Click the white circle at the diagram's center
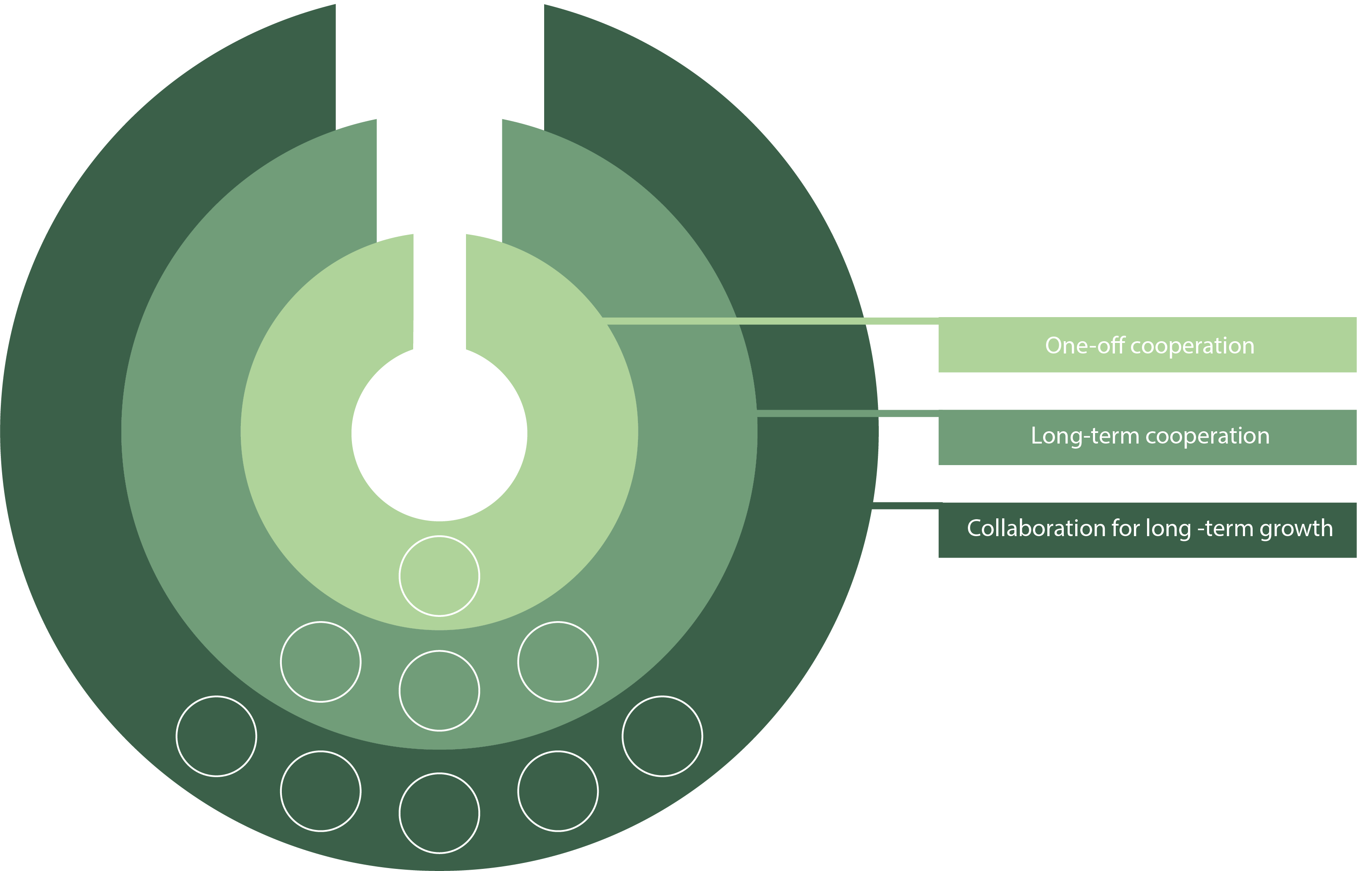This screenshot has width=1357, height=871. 439,433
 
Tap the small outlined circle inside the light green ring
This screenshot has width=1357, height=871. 439,576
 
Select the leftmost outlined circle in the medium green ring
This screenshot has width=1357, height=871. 321,662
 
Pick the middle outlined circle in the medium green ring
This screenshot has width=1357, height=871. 439,690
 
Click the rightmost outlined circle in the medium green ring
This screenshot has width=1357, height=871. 558,662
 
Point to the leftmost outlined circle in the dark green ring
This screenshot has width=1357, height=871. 216,737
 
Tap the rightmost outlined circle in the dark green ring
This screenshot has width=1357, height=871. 662,737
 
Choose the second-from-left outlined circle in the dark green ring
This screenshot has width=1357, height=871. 321,791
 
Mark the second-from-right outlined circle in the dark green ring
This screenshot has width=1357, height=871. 558,791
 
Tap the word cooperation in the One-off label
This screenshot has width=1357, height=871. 1193,345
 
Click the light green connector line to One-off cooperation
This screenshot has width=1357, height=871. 768,320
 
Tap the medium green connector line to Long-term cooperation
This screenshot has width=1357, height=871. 848,414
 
